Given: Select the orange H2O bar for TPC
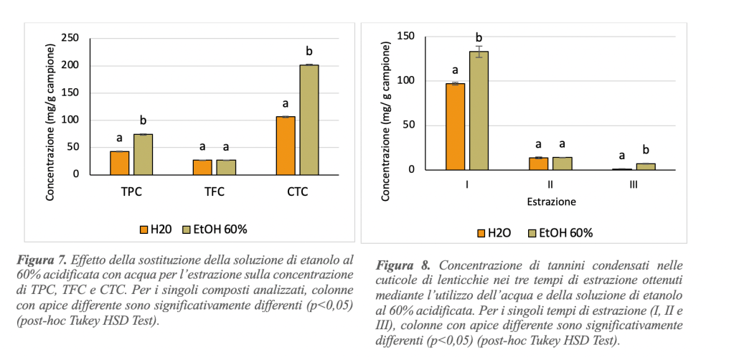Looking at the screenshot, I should [119, 163].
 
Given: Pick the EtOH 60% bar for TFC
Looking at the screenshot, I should [226, 167].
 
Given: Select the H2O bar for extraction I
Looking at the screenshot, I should [455, 126].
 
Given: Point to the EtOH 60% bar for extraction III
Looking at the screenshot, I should [646, 166].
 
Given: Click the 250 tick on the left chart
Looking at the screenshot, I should [70, 38].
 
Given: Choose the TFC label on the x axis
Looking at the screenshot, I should [214, 192].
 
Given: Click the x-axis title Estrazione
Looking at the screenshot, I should [550, 202].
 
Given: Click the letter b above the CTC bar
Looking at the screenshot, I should [309, 52].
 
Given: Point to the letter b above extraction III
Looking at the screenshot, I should [646, 150].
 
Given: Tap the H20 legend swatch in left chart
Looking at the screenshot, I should [143, 229].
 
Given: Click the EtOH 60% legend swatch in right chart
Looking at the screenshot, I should [532, 233].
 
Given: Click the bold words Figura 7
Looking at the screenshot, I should [41, 260].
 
